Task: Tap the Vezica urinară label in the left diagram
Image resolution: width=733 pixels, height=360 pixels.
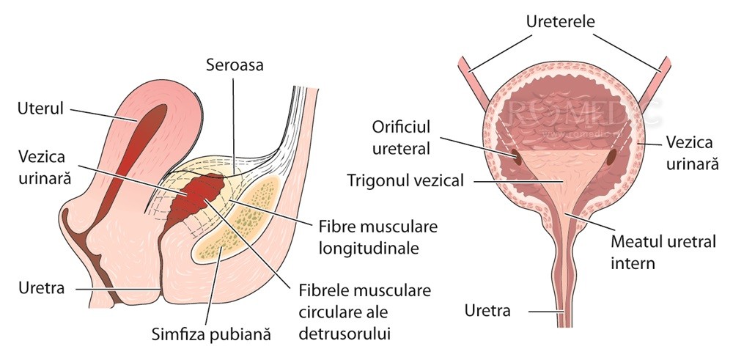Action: tap(45, 168)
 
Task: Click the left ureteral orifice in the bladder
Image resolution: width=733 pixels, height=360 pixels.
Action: tap(516, 157)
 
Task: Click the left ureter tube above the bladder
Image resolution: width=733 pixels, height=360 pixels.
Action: tap(468, 73)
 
